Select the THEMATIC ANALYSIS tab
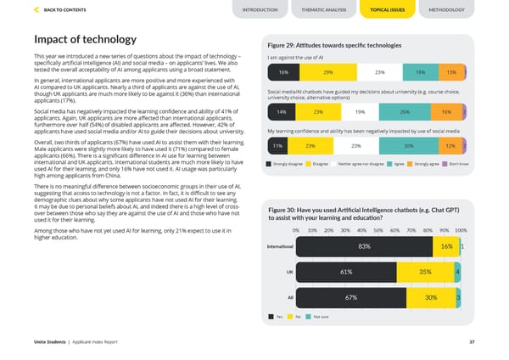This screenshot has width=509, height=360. pos(319,9)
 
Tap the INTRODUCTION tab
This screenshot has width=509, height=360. pos(260,9)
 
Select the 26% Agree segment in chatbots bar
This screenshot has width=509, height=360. pos(405,112)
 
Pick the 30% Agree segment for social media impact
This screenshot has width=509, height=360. pos(409,146)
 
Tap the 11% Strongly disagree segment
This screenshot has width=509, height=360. pos(277,146)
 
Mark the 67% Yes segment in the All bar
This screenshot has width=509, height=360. pos(350,298)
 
